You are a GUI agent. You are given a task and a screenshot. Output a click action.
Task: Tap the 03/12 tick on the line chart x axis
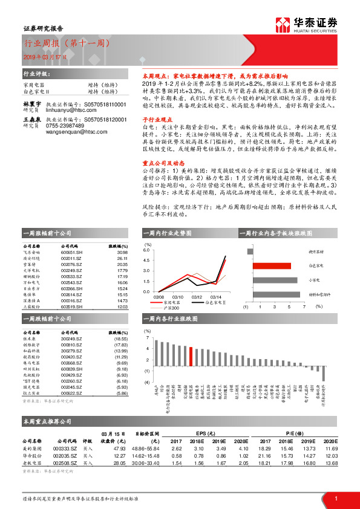coord(197,297)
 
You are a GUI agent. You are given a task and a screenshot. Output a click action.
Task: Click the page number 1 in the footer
coord(336,498)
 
